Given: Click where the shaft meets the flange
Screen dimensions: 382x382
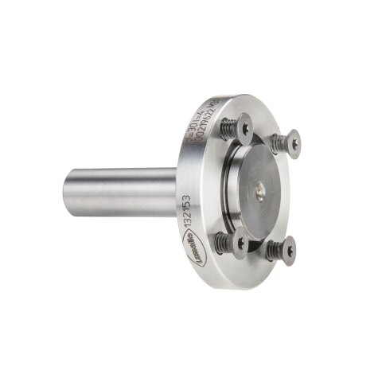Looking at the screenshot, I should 176,191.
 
